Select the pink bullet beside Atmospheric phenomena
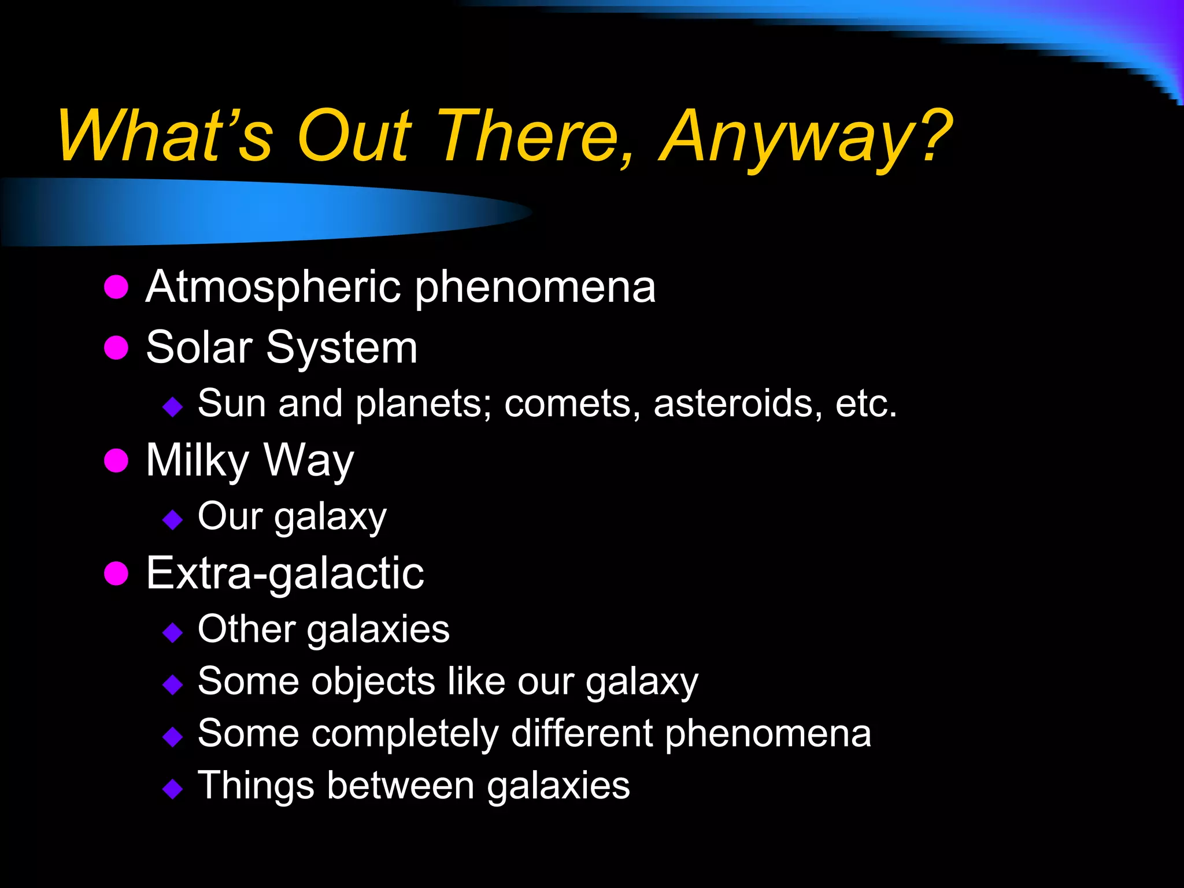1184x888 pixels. point(116,287)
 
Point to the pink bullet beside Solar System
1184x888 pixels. point(116,347)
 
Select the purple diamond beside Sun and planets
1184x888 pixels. point(173,407)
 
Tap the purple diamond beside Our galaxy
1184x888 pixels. point(173,520)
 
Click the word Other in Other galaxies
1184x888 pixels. point(247,629)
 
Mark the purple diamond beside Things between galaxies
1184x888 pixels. point(173,789)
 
